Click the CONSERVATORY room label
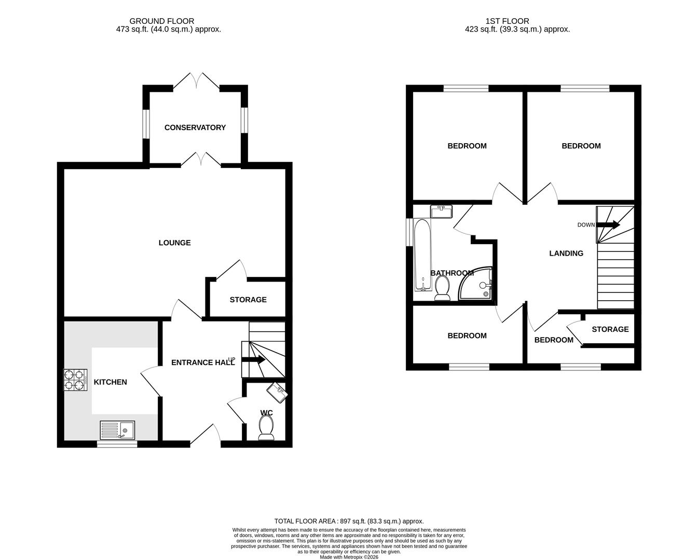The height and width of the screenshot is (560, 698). click(195, 128)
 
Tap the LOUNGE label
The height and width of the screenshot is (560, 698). click(174, 243)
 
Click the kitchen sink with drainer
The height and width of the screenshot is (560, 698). click(117, 430)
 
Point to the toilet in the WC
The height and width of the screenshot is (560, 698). click(266, 429)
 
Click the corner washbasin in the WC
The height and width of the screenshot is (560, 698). click(277, 392)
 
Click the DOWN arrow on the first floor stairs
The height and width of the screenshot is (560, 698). click(608, 225)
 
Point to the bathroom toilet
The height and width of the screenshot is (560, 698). click(442, 288)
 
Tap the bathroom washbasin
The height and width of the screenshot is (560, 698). click(441, 212)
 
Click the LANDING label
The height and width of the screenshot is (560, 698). click(566, 254)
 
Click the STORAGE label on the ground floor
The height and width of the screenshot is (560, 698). click(248, 300)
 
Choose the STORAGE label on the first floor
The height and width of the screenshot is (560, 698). click(610, 329)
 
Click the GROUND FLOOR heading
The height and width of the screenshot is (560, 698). click(162, 21)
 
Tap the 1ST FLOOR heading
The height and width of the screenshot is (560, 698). click(507, 21)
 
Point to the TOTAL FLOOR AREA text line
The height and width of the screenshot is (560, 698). click(349, 521)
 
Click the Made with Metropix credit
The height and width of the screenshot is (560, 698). click(349, 557)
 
